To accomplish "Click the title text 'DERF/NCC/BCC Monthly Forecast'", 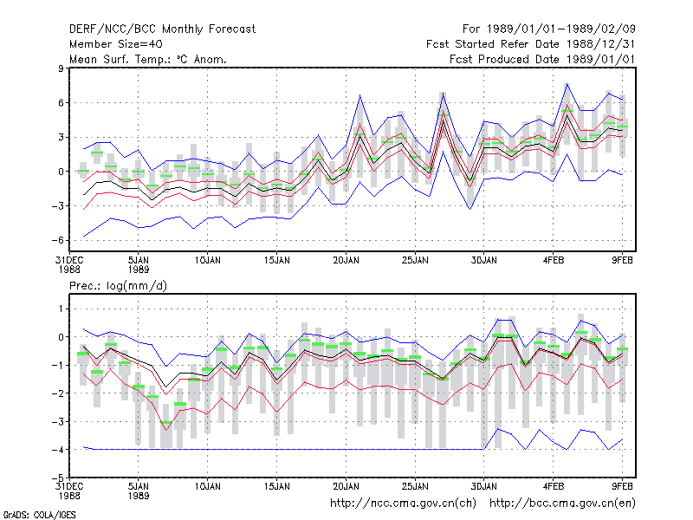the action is coord(162,29).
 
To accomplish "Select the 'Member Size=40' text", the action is coord(116,44).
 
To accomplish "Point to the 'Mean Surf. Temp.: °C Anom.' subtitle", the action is coord(148,59).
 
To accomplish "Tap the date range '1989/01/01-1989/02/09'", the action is coord(560,29).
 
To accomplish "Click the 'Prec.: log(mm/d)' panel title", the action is coord(118,286).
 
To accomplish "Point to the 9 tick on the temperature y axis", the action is coord(61,68).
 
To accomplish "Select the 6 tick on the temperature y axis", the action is coord(61,102).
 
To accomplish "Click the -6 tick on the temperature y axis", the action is coord(57,240).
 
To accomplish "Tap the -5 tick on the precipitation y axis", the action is coord(57,478).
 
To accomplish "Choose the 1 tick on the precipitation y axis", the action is coord(61,309).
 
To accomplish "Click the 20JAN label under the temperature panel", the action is coord(346,260).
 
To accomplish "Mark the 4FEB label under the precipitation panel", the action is coord(554,486).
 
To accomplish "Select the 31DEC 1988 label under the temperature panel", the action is coord(69,264).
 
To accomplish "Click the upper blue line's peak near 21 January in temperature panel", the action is coord(360,94).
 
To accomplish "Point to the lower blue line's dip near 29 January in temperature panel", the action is coord(470,209).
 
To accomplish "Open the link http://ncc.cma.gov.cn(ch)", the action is coord(403,504).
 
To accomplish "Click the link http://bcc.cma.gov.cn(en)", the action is coord(562,504).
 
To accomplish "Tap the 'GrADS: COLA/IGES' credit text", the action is coord(39,515).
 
